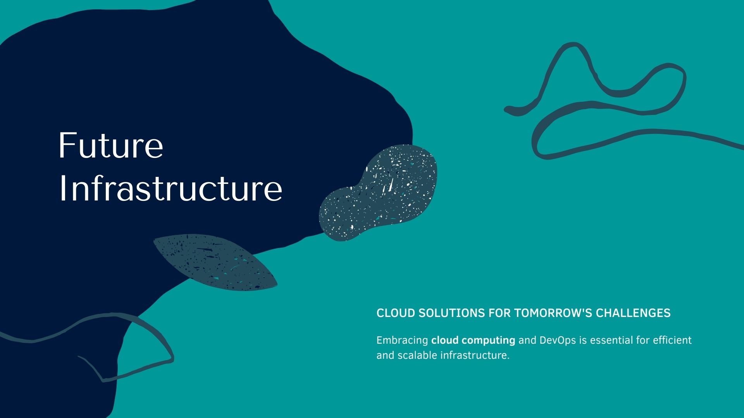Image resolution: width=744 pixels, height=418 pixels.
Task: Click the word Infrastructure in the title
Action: point(170,188)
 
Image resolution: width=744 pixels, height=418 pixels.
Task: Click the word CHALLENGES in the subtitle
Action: point(633,313)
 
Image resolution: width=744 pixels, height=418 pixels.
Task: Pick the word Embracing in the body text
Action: point(402,341)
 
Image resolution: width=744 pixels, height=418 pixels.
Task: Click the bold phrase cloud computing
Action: point(473,341)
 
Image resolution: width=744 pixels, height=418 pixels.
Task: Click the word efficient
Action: point(672,340)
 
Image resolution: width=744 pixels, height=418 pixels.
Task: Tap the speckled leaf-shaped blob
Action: point(215,262)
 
